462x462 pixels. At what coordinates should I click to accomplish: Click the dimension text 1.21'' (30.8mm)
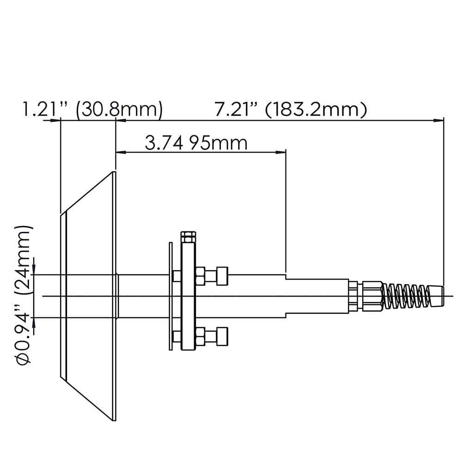pos(92,110)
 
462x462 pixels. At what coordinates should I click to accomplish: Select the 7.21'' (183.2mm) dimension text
pos(291,110)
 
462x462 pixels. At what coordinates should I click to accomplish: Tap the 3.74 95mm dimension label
pos(196,143)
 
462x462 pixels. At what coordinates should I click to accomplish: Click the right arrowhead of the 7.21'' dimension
pos(439,121)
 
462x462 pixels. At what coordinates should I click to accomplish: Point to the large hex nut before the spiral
pos(372,295)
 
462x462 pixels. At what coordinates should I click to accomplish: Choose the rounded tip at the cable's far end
pos(437,295)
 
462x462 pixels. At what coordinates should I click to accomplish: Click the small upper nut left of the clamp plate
pos(177,276)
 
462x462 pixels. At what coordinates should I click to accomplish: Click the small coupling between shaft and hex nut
pos(353,296)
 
